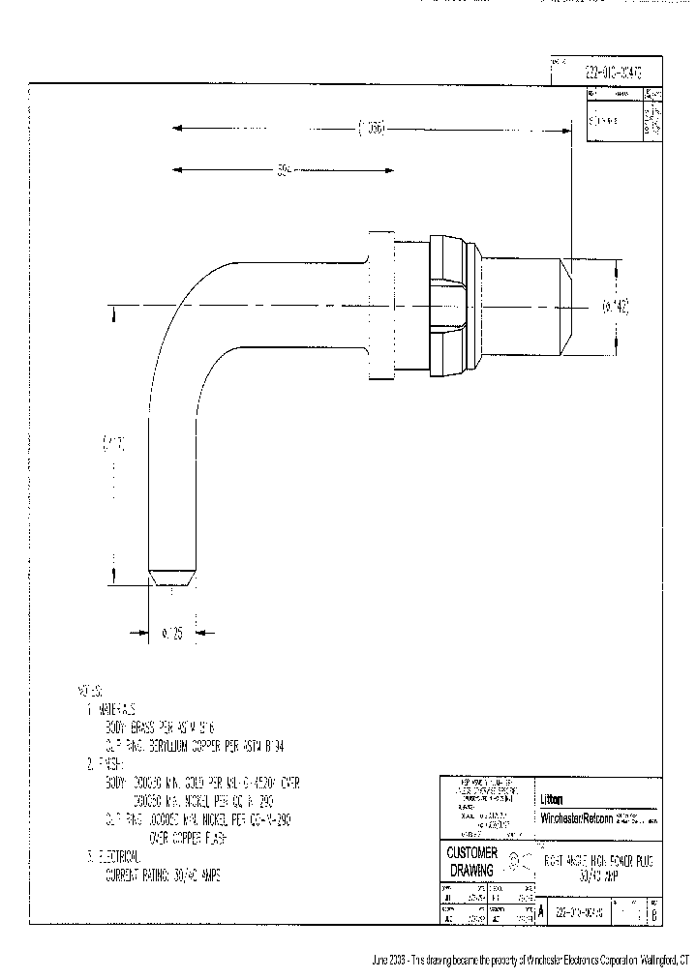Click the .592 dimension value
coord(284,171)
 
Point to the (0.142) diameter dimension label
coord(616,307)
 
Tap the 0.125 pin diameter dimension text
coord(172,633)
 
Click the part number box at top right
coord(607,72)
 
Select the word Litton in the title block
coord(553,799)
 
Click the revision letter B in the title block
coord(654,914)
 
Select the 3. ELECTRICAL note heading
coord(115,857)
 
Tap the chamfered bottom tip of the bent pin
coord(173,577)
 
